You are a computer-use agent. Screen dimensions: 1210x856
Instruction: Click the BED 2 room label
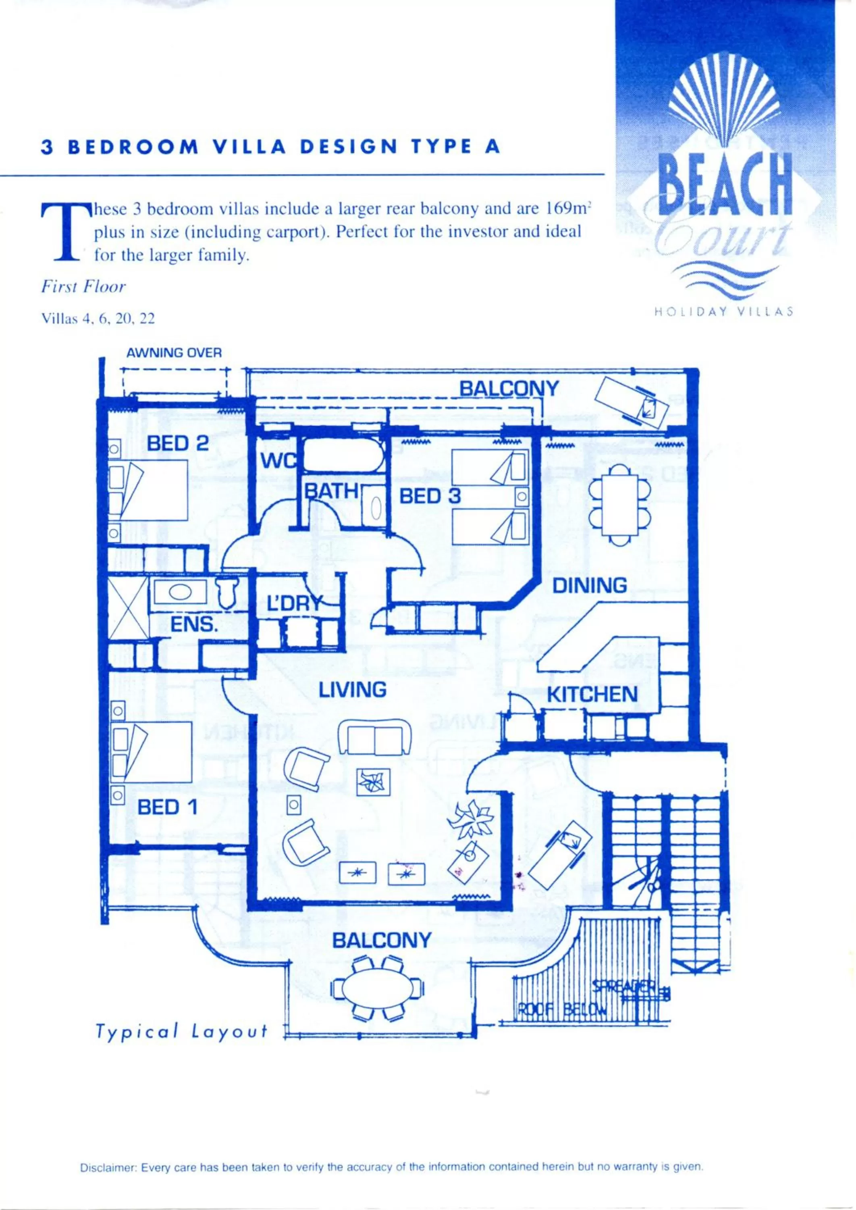pyautogui.click(x=178, y=444)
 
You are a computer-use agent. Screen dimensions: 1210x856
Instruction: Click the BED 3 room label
pyautogui.click(x=430, y=497)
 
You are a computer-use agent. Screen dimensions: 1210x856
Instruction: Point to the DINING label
pyautogui.click(x=589, y=586)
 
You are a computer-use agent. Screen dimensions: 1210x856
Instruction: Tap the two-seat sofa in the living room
pyautogui.click(x=375, y=737)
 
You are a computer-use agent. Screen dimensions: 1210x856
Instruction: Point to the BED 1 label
pyautogui.click(x=167, y=822)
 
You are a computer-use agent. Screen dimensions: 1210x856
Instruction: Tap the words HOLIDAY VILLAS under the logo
pyautogui.click(x=724, y=311)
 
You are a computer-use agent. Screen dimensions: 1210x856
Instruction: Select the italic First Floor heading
pyautogui.click(x=83, y=287)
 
